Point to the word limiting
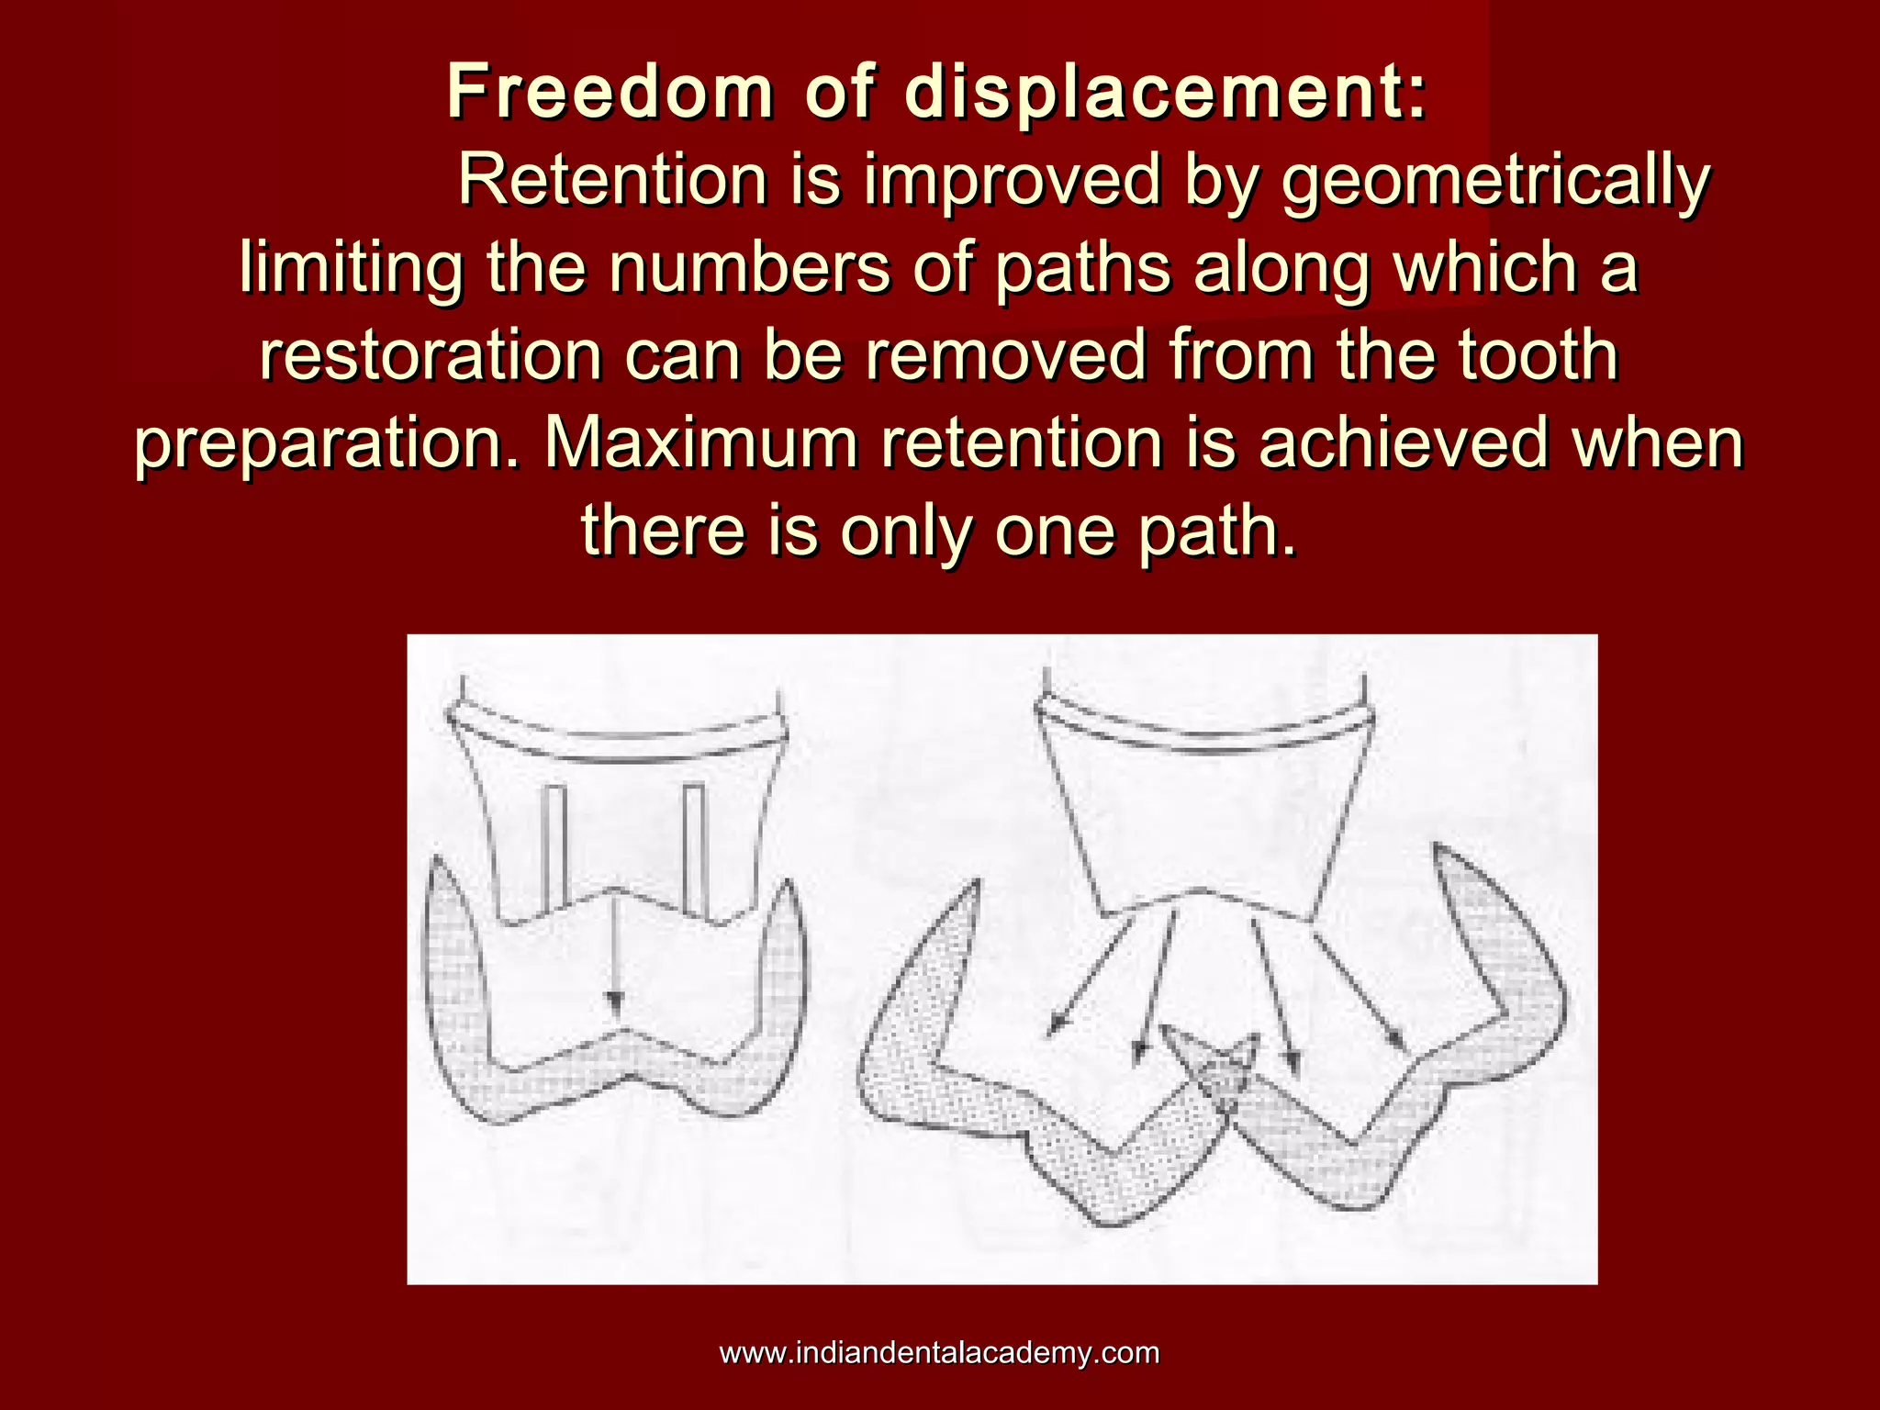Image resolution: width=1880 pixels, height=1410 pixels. (350, 269)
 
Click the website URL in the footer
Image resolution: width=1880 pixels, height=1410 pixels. (939, 1352)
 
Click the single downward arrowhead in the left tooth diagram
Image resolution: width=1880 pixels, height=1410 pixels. (614, 1003)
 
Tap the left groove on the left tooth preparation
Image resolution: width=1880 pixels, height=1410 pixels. (554, 846)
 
